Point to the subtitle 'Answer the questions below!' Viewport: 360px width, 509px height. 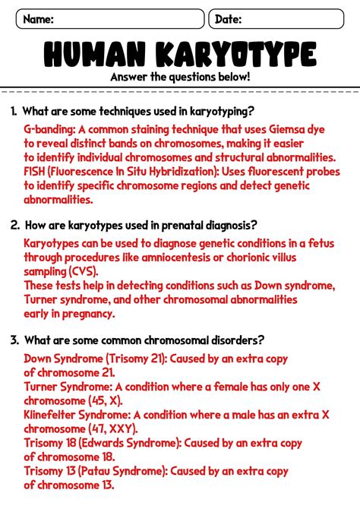coord(180,77)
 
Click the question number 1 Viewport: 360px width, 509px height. coord(14,112)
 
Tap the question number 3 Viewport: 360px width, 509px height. coord(14,340)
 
